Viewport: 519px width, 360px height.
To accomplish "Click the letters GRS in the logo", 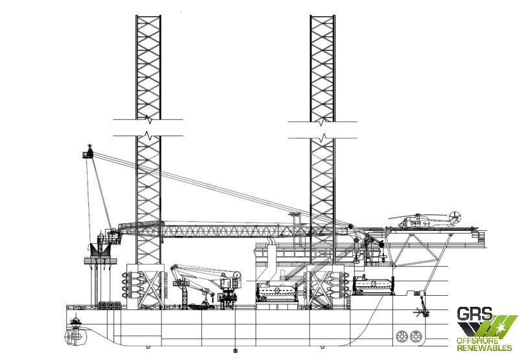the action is (x=474, y=314).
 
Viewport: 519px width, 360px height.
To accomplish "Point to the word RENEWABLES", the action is (x=484, y=348).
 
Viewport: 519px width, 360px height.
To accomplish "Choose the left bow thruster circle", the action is (x=402, y=337).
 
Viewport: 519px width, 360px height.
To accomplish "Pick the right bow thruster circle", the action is (x=416, y=337).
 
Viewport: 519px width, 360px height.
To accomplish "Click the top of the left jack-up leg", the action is (x=149, y=16).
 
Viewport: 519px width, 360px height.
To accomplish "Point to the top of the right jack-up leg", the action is (x=322, y=16).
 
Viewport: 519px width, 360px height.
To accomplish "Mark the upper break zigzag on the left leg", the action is (x=149, y=119).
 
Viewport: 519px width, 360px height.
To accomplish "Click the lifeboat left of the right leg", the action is (x=278, y=291).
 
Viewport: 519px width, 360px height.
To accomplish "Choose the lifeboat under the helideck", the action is (x=373, y=285).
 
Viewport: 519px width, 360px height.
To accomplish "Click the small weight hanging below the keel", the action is (x=235, y=351).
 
